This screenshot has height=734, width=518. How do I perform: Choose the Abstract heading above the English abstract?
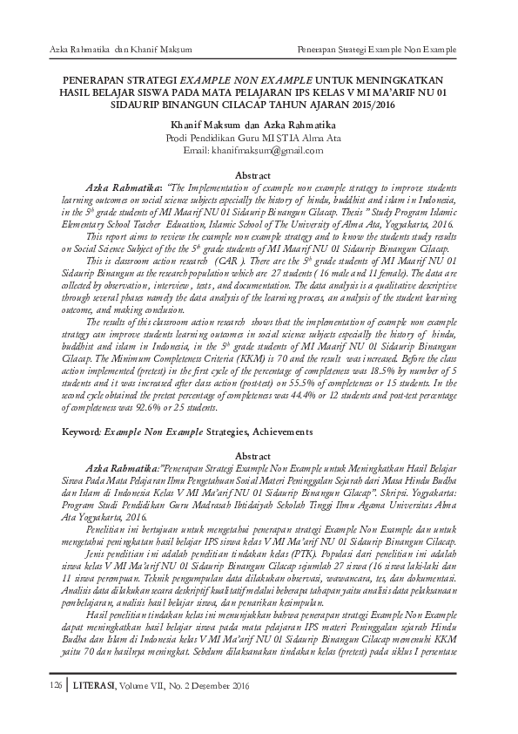pos(259,175)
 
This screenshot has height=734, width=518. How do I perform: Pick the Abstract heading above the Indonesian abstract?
pos(259,456)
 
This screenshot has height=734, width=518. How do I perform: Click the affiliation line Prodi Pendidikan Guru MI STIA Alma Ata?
pos(259,138)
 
